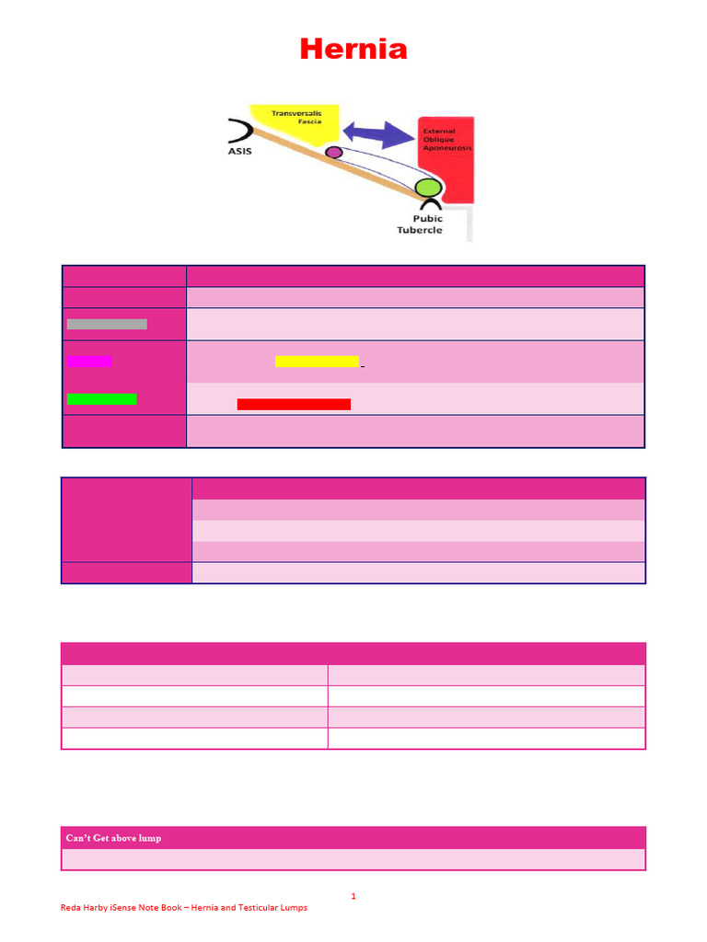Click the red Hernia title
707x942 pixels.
(353, 49)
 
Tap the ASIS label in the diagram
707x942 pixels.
(240, 152)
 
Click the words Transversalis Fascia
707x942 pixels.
(296, 117)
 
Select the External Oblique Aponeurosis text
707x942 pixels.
(447, 140)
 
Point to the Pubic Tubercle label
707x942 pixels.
(420, 224)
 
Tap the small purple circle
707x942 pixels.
(334, 152)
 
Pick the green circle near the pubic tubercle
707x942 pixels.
(429, 188)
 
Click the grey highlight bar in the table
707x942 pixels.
(107, 325)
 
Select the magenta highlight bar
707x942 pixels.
(89, 361)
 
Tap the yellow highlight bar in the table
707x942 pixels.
(317, 361)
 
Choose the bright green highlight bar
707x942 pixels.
(101, 399)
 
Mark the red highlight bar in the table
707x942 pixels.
(294, 405)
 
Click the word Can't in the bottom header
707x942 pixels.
(77, 838)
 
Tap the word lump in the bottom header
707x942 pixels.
(150, 839)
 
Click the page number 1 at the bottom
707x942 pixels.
(353, 896)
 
